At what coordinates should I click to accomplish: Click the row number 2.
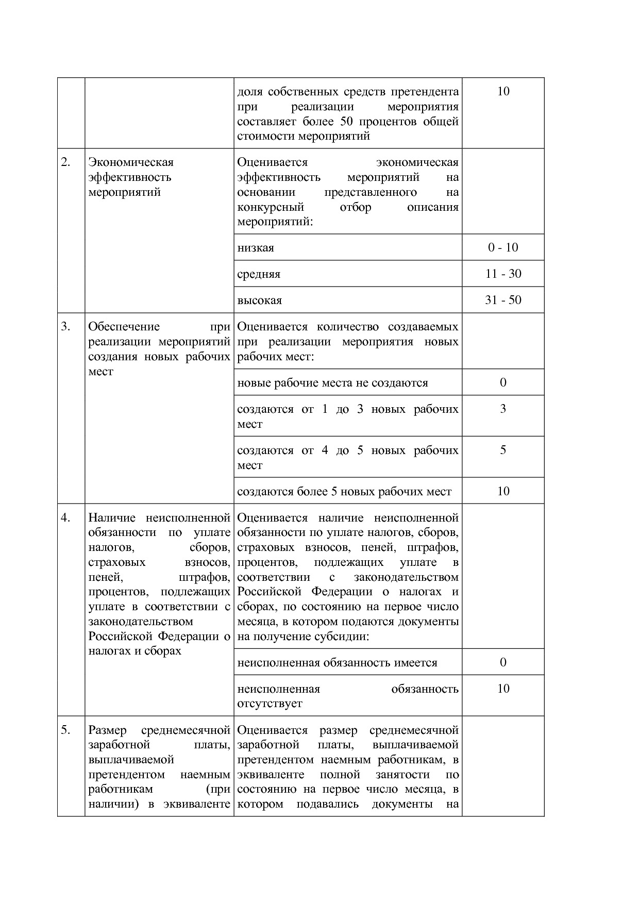click(65, 162)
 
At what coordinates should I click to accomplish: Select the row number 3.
click(65, 327)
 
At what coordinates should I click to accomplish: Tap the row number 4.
click(65, 518)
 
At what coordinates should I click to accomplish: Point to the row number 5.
click(65, 730)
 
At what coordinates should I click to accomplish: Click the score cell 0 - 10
click(503, 247)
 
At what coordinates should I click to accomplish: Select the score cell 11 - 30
click(503, 274)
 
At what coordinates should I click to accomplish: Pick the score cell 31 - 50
click(503, 300)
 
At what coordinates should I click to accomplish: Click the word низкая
click(256, 248)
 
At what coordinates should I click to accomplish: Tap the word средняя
click(259, 274)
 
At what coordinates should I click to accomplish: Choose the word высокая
click(260, 300)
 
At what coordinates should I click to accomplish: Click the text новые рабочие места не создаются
click(332, 383)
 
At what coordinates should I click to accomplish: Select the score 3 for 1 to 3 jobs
click(503, 409)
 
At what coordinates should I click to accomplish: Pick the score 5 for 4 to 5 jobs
click(503, 450)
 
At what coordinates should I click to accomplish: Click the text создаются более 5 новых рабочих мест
click(344, 492)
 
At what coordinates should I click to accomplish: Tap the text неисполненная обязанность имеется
click(337, 663)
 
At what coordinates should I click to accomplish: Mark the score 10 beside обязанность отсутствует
click(503, 689)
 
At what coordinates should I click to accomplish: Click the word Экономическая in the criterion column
click(131, 162)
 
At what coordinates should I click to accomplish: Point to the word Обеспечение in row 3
click(124, 327)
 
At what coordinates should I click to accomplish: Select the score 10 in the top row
click(503, 92)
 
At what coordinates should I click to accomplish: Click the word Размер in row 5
click(108, 730)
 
